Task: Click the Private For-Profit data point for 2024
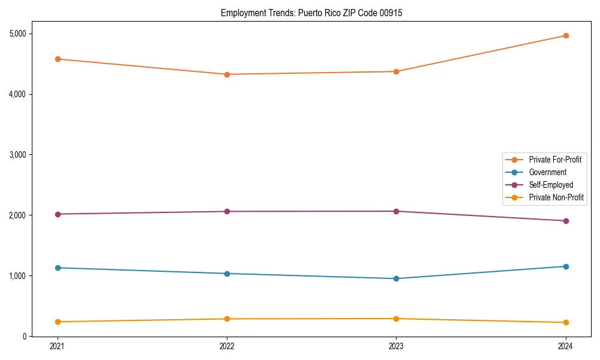point(565,35)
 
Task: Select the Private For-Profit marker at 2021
point(58,59)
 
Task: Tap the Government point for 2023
point(396,278)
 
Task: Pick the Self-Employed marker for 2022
point(227,211)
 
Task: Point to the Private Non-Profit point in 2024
point(565,322)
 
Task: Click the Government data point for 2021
point(58,268)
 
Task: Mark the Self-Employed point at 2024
point(565,221)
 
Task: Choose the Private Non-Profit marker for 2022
point(227,319)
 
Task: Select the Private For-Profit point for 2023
point(396,71)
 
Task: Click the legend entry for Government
point(547,172)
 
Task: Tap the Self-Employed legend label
point(551,185)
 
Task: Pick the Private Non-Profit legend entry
point(556,197)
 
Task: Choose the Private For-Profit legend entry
point(554,160)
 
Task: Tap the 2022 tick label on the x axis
point(227,346)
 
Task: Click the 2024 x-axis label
point(565,346)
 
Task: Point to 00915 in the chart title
point(391,13)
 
